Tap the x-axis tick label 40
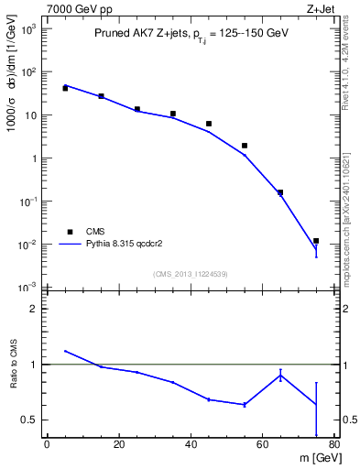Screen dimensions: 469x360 (x=191, y=445)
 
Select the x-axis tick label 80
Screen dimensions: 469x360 (x=334, y=445)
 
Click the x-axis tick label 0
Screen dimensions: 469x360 (x=47, y=445)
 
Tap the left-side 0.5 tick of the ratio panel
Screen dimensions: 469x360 (x=30, y=420)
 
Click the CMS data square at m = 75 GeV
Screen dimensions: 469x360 (x=316, y=241)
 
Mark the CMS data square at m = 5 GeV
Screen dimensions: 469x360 (x=65, y=88)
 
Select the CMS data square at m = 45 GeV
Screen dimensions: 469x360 (x=209, y=124)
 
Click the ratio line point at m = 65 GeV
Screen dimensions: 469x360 (x=280, y=375)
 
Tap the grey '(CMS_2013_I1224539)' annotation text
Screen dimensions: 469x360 (x=191, y=274)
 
